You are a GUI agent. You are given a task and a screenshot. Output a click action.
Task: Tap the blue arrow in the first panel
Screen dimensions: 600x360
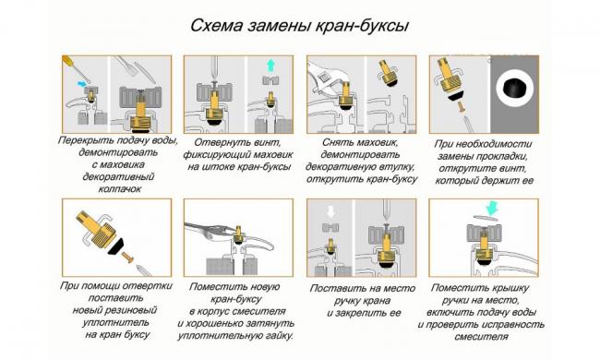pos(82,83)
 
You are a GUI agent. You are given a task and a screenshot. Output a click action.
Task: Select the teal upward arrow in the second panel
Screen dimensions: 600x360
pos(270,65)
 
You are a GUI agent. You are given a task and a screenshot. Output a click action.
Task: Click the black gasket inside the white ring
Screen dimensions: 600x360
pos(515,89)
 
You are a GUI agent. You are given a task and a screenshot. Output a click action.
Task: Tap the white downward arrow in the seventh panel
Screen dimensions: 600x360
pos(330,211)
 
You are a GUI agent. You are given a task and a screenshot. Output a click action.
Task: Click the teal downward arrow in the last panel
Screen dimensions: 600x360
pos(492,209)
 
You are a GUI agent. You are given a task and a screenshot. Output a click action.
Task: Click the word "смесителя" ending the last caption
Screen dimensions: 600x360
pos(481,337)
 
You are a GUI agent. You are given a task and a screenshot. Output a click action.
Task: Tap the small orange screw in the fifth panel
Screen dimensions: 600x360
pos(127,258)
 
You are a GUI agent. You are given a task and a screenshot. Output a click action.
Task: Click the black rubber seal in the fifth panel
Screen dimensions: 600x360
pos(116,246)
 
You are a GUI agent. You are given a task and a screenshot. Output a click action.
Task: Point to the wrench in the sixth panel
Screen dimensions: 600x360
pos(209,231)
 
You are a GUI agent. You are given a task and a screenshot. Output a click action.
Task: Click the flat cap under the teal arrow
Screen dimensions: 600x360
pos(486,218)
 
